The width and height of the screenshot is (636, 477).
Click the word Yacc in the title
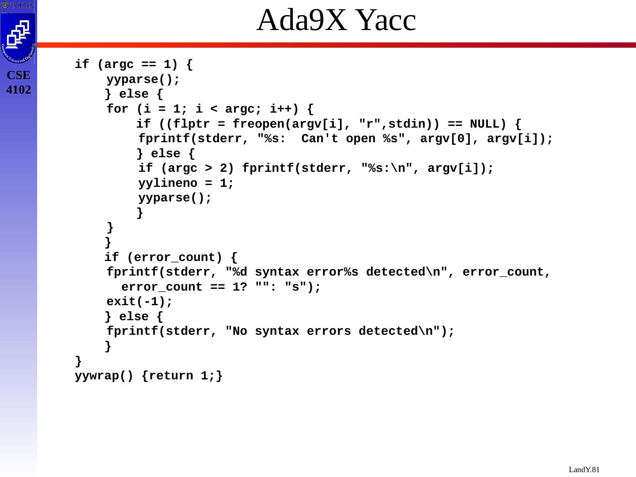click(x=385, y=21)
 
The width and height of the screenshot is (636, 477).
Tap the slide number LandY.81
click(x=584, y=469)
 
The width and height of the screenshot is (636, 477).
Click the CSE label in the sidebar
click(x=19, y=75)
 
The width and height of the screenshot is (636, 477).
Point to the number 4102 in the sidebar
click(x=19, y=90)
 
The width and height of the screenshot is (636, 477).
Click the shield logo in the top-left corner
click(x=18, y=38)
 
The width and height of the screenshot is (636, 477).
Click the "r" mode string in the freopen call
click(x=369, y=124)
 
